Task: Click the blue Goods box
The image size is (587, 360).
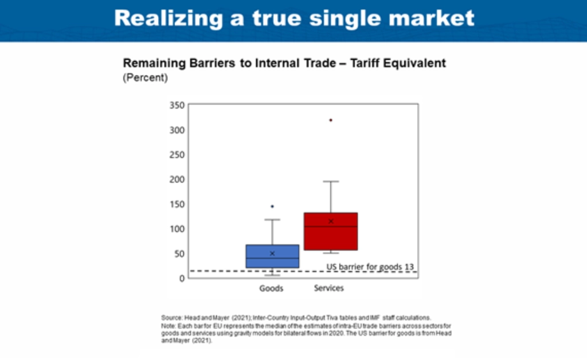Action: coord(272,256)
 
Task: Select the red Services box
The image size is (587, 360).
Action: coord(331,231)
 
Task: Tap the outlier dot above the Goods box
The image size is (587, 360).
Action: coord(272,206)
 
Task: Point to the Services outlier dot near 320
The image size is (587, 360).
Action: coord(331,120)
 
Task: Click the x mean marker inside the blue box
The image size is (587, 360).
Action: coord(272,253)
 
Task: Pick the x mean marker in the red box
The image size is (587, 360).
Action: coord(331,221)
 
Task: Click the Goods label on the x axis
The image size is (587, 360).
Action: coord(271,288)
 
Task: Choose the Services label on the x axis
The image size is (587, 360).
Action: coord(328,288)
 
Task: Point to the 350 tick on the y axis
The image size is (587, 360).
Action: coord(177,105)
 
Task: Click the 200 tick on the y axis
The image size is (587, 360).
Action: coord(177,179)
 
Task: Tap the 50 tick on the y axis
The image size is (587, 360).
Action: coord(179,254)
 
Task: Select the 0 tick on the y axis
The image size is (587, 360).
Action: coord(182,279)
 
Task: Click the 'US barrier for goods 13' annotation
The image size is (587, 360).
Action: coord(370,267)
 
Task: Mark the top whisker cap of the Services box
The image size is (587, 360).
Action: coord(331,182)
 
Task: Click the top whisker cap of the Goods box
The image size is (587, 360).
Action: coord(272,220)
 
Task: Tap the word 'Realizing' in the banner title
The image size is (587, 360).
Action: coord(169,18)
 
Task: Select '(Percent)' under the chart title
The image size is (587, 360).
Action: coord(145,77)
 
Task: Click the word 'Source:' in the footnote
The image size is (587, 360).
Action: coord(172,318)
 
